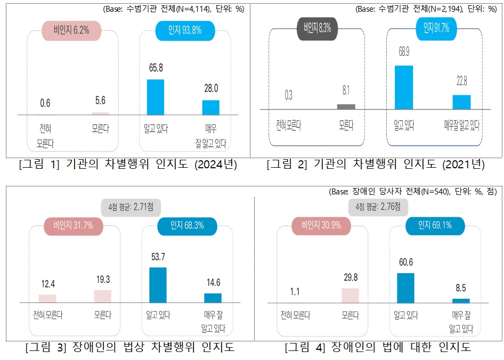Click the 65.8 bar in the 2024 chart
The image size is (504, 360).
156,97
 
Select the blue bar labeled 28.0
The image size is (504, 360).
210,107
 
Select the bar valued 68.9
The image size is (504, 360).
404,87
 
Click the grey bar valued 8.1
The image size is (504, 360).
346,107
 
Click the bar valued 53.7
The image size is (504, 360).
158,285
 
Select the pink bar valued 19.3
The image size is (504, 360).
102,296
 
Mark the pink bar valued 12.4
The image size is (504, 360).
47,298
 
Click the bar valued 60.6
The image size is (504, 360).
406,288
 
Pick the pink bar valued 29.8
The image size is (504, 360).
350,296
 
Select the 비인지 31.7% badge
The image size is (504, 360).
73,225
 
